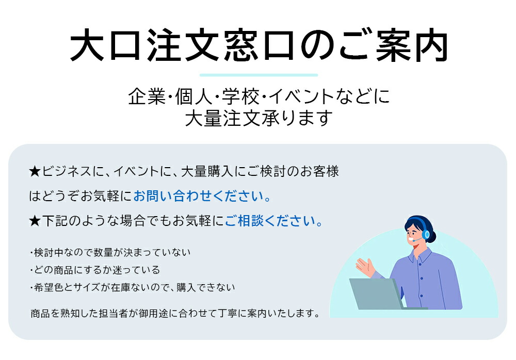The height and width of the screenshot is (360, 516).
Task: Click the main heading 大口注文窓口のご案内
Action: pyautogui.click(x=259, y=45)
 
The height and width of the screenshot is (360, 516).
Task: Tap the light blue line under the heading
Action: pyautogui.click(x=259, y=75)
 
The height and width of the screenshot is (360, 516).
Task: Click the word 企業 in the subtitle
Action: pyautogui.click(x=147, y=97)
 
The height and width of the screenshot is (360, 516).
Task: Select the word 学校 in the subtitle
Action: pyautogui.click(x=240, y=97)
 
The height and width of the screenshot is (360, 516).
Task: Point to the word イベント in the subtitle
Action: pyautogui.click(x=301, y=97)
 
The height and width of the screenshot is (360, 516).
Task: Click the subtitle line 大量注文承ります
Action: pyautogui.click(x=259, y=118)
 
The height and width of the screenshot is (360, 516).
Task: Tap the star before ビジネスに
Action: pyautogui.click(x=35, y=171)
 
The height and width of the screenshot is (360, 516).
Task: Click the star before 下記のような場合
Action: pyautogui.click(x=35, y=221)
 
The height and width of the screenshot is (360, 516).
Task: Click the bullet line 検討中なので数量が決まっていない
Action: pyautogui.click(x=110, y=252)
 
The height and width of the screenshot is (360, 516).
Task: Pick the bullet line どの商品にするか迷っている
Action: pyautogui.click(x=95, y=270)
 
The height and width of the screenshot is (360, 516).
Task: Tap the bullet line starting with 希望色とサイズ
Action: pyautogui.click(x=132, y=287)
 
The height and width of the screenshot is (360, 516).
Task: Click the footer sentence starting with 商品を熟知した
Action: pyautogui.click(x=175, y=313)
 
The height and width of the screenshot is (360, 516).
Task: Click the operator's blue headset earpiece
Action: pyautogui.click(x=427, y=234)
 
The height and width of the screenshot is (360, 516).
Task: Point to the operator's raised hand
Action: pyautogui.click(x=365, y=267)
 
